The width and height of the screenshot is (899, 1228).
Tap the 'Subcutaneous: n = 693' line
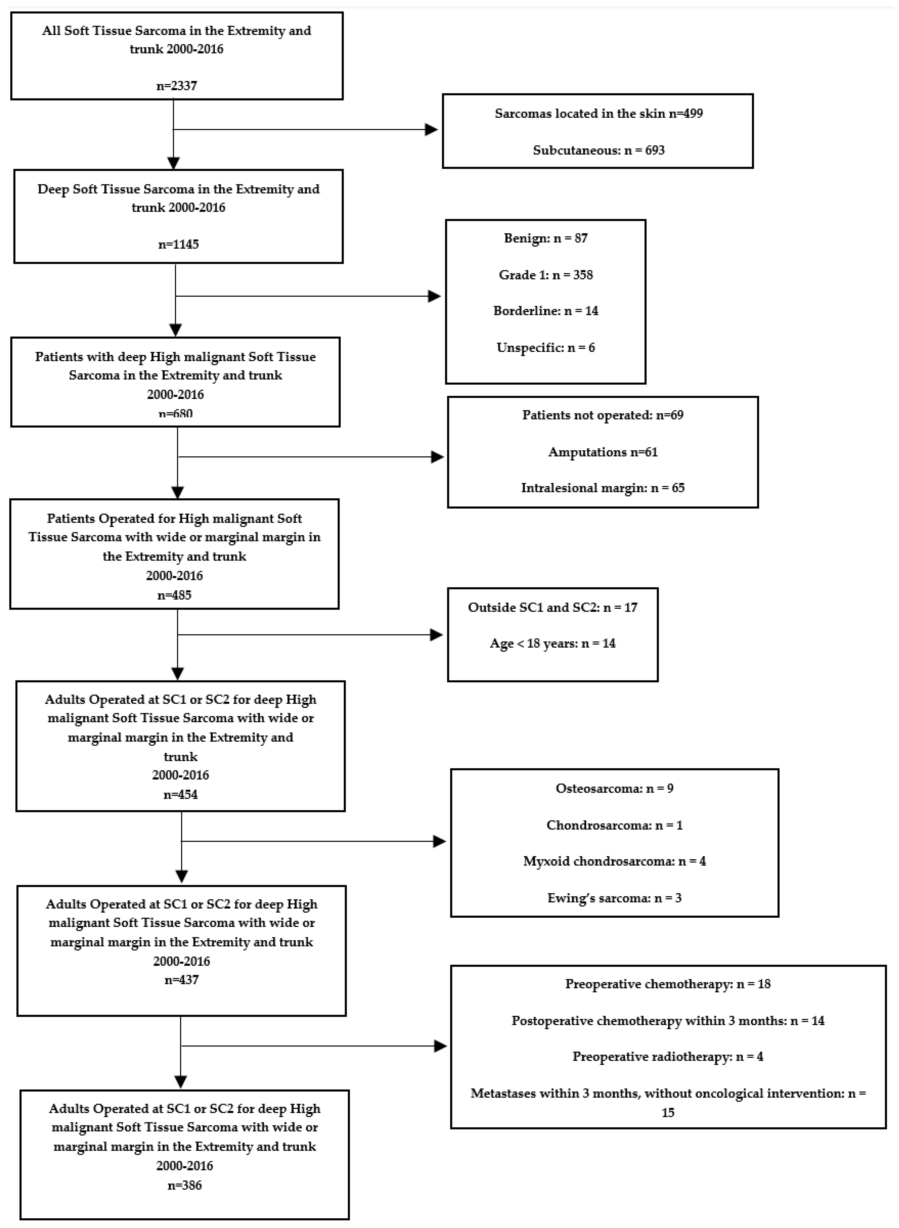pyautogui.click(x=599, y=150)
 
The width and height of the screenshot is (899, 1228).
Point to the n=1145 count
pyautogui.click(x=179, y=244)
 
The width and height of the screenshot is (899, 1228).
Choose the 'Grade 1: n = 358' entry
pyautogui.click(x=546, y=275)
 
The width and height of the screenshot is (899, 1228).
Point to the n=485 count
pyautogui.click(x=174, y=595)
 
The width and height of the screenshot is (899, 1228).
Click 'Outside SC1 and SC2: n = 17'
pyautogui.click(x=552, y=607)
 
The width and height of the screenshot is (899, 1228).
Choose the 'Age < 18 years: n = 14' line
pyautogui.click(x=552, y=643)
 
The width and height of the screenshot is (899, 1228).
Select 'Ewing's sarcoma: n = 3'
pyautogui.click(x=614, y=898)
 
